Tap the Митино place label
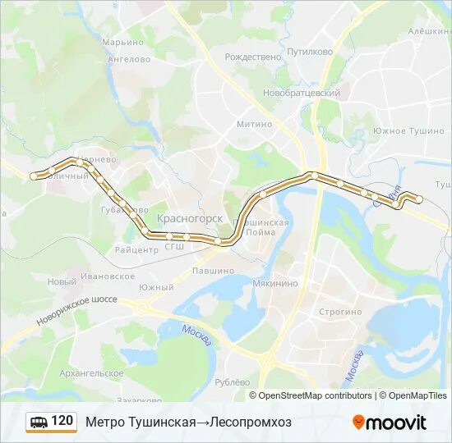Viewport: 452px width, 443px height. click(x=254, y=124)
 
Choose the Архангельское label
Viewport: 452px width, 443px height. click(x=91, y=373)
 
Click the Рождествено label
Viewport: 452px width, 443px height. click(x=252, y=57)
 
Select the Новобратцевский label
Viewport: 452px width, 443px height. click(x=302, y=93)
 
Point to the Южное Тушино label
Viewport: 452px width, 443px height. click(x=408, y=130)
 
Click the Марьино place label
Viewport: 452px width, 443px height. click(x=122, y=42)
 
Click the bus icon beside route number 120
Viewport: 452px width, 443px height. click(x=39, y=422)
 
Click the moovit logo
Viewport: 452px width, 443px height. click(x=390, y=422)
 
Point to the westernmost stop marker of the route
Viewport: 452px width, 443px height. click(x=35, y=176)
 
